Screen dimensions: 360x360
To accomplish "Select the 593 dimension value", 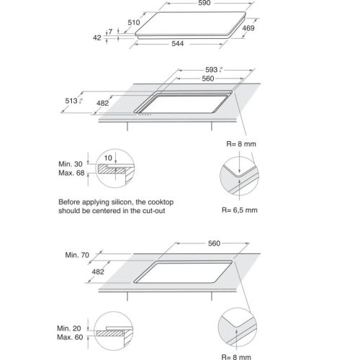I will tap(212, 70).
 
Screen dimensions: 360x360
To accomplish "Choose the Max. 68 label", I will tap(72, 175).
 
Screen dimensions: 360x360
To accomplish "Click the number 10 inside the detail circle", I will tap(107, 157).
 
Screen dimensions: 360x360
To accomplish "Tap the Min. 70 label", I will tap(77, 256).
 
